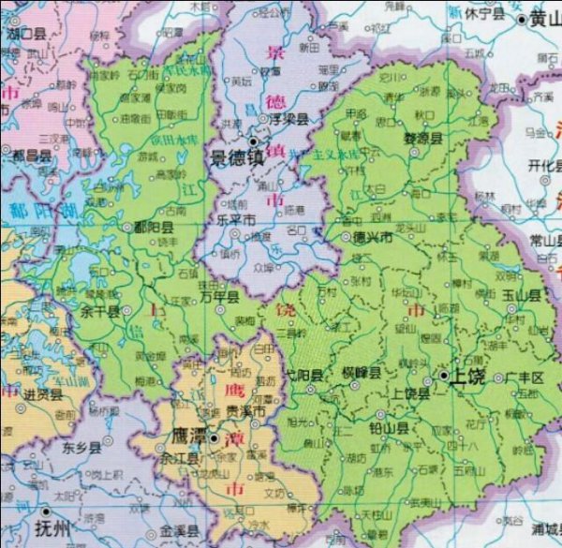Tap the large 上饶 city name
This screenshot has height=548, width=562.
pos(469,376)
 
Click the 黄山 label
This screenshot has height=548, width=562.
pos(543,18)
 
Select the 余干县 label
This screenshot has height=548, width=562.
pos(100,311)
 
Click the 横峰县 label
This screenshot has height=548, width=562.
pos(362,372)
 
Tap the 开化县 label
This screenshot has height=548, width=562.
pos(541,165)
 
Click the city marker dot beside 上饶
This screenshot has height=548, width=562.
pos(442,376)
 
